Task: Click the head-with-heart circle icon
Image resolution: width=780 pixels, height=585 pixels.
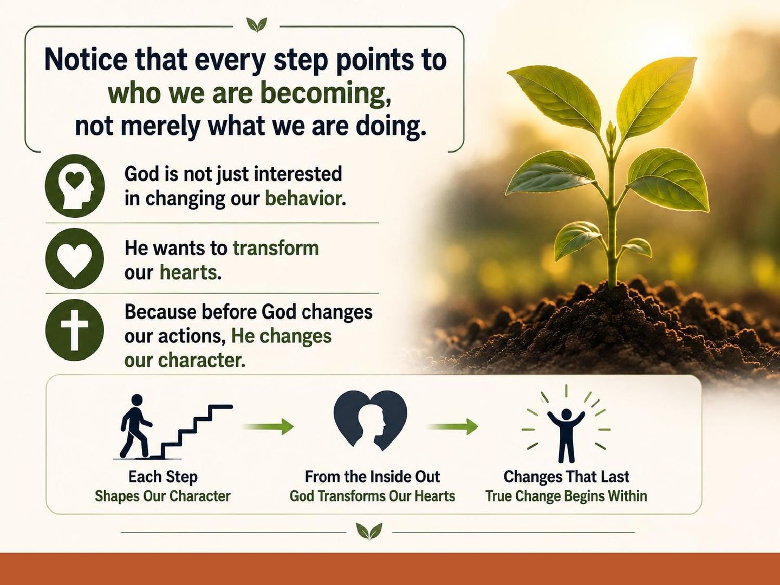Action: pos(75,186)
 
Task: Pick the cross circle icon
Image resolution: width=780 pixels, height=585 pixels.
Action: pos(75,330)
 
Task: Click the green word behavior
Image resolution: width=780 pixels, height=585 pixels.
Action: pos(305,198)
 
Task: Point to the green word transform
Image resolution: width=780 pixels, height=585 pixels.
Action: pos(276,248)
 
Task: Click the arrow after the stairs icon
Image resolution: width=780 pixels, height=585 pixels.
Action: pos(267,426)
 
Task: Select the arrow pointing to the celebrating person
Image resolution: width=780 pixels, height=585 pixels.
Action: pos(453,426)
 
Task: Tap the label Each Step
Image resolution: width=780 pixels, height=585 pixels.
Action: pos(163,477)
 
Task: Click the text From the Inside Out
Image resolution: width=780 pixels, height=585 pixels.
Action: pos(373,477)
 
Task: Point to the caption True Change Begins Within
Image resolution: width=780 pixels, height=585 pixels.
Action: pos(566,496)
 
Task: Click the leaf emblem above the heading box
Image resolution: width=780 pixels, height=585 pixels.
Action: pos(257,25)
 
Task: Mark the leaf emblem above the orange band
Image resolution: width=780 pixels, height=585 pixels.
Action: pos(369,531)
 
